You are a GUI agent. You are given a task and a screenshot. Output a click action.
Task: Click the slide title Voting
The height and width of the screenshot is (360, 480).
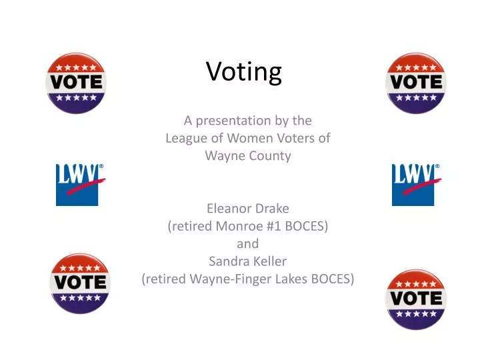[244, 71]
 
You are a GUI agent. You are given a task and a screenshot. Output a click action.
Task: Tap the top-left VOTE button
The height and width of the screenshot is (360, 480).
[76, 83]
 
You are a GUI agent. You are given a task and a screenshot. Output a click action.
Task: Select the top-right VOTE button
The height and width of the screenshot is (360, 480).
[416, 83]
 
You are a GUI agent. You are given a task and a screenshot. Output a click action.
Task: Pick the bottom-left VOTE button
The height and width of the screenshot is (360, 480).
[80, 283]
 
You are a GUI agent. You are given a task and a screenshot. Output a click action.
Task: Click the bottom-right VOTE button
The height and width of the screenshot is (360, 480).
[416, 299]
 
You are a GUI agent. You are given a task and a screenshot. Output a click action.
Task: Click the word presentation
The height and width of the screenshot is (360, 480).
[241, 121]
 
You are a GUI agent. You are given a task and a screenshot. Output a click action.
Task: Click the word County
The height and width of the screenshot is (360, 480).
[269, 156]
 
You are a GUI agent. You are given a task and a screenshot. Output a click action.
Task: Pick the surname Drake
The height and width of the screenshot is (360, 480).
[273, 208]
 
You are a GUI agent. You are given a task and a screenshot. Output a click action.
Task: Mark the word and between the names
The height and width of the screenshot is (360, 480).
[247, 243]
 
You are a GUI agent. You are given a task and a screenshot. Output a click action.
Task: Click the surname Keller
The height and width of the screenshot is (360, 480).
[269, 261]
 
